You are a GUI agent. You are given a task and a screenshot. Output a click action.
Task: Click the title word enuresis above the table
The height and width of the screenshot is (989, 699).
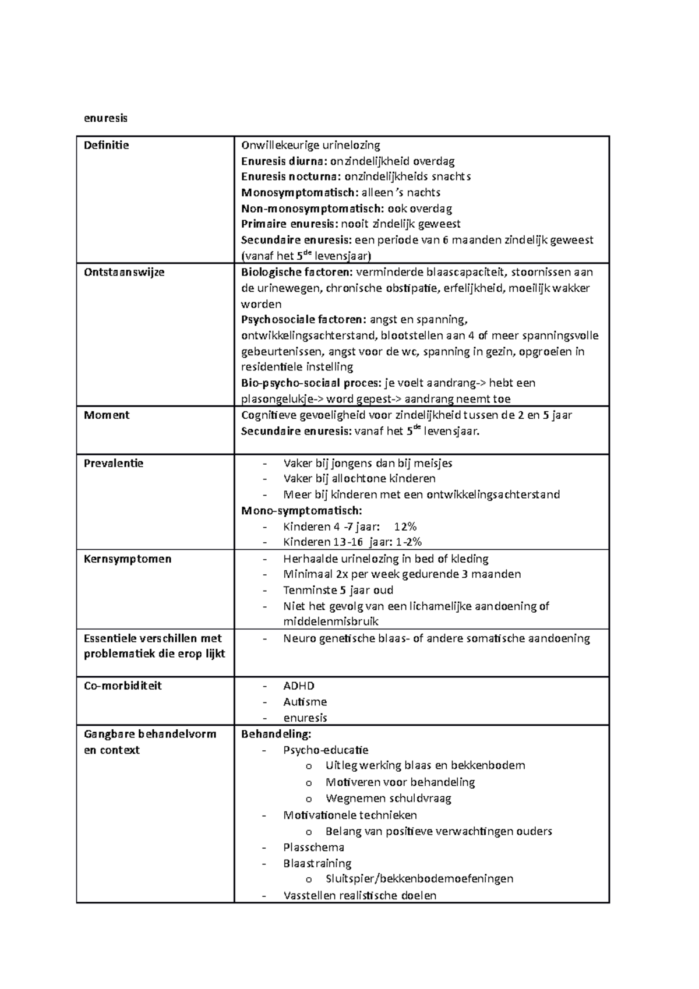105,118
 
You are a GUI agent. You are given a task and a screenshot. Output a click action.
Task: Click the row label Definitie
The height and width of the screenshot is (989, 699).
107,145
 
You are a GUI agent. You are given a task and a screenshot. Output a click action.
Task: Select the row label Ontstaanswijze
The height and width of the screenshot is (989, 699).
124,272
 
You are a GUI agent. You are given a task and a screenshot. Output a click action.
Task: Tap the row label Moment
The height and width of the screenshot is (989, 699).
107,415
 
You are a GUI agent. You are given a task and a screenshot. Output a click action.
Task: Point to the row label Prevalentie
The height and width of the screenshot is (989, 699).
114,464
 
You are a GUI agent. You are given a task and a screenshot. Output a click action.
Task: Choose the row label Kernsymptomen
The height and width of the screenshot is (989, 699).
128,559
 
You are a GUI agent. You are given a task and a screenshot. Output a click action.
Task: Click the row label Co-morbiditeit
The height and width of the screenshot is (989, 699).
123,686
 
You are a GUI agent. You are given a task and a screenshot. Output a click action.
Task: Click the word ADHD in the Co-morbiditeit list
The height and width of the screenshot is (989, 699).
299,686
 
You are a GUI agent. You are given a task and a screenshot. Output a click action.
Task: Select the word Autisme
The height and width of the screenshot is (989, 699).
305,702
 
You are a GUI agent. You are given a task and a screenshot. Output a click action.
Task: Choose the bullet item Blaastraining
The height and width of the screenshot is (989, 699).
317,863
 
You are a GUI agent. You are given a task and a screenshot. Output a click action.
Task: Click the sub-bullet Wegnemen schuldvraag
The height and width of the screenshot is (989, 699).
389,799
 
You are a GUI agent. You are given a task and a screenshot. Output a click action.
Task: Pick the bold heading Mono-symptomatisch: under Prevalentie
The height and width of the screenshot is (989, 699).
301,511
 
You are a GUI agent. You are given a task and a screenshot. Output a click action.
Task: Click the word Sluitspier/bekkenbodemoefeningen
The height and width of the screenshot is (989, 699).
419,879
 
